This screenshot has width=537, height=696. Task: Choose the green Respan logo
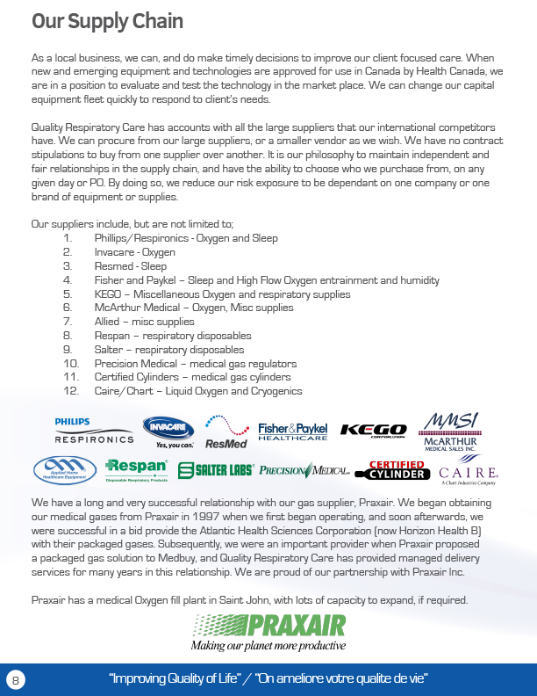136,470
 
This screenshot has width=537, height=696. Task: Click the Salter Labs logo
216,470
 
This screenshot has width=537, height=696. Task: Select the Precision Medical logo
304,470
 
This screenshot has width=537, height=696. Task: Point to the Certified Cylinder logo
396,470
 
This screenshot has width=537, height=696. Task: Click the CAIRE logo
469,474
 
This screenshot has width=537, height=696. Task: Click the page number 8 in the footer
15,679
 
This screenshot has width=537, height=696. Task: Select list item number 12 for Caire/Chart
197,391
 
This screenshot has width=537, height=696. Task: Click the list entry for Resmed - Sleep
130,266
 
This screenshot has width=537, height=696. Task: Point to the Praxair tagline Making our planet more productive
268,646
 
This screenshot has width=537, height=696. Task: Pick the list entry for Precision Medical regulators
195,363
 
